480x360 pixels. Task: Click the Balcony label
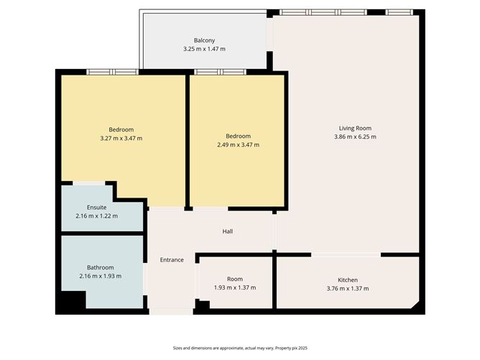(204, 40)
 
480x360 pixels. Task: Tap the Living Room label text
(357, 129)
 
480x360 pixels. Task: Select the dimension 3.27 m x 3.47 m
(121, 138)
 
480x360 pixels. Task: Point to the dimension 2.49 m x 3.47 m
(238, 144)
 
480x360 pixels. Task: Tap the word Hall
(228, 231)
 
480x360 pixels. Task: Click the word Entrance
(172, 259)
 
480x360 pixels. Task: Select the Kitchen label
(348, 280)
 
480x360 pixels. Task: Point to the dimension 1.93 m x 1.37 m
(235, 287)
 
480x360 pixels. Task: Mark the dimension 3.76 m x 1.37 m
(348, 288)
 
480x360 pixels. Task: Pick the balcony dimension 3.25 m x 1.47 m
(204, 49)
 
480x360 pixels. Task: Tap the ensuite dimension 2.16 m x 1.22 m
(97, 216)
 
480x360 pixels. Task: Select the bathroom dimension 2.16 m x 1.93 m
(101, 276)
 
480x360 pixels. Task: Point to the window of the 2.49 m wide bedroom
(220, 72)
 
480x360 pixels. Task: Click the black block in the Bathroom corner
(70, 302)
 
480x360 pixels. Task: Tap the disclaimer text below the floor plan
(239, 347)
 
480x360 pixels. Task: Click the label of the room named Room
(235, 279)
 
